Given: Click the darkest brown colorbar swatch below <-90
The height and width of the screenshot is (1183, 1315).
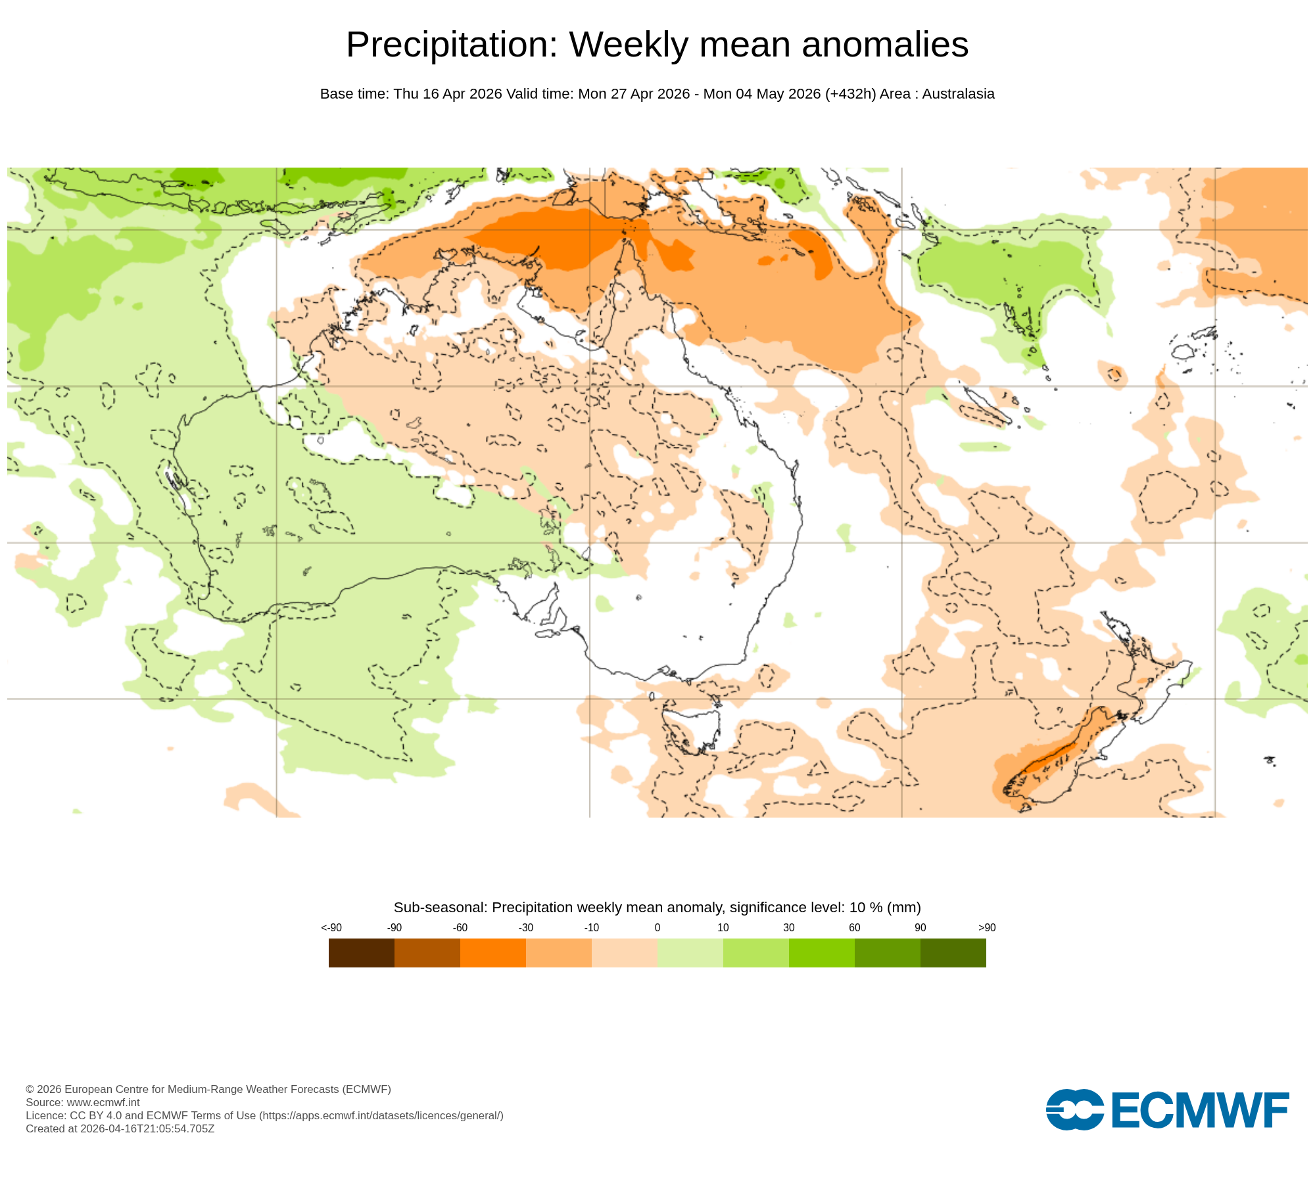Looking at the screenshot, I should (361, 952).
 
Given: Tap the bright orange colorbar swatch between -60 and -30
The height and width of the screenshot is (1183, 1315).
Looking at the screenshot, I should (492, 952).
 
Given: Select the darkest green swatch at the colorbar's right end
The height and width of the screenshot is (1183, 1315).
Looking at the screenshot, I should (953, 952).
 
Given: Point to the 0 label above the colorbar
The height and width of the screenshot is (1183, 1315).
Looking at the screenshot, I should (657, 927).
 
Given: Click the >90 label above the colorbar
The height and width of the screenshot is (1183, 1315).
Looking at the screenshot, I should (986, 927).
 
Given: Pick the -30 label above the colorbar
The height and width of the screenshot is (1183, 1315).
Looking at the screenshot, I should (525, 927).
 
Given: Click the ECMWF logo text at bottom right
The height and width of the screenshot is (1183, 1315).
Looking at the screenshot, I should (1200, 1111).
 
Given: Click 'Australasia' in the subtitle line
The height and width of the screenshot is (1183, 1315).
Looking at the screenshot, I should (958, 94).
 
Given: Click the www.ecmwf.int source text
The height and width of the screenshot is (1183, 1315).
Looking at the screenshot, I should (103, 1102).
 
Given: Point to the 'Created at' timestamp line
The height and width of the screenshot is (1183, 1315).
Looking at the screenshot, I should (120, 1128).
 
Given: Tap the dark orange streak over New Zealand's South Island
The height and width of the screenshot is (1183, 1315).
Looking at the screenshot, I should (1052, 756).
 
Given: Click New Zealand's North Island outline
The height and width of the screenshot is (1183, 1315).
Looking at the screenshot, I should (1157, 690).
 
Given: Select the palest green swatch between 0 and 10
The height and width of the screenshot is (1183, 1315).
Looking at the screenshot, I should (690, 952).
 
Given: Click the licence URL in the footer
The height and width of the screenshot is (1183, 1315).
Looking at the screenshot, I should (381, 1115).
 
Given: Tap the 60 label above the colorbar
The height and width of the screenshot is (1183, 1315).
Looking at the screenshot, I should (854, 927).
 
